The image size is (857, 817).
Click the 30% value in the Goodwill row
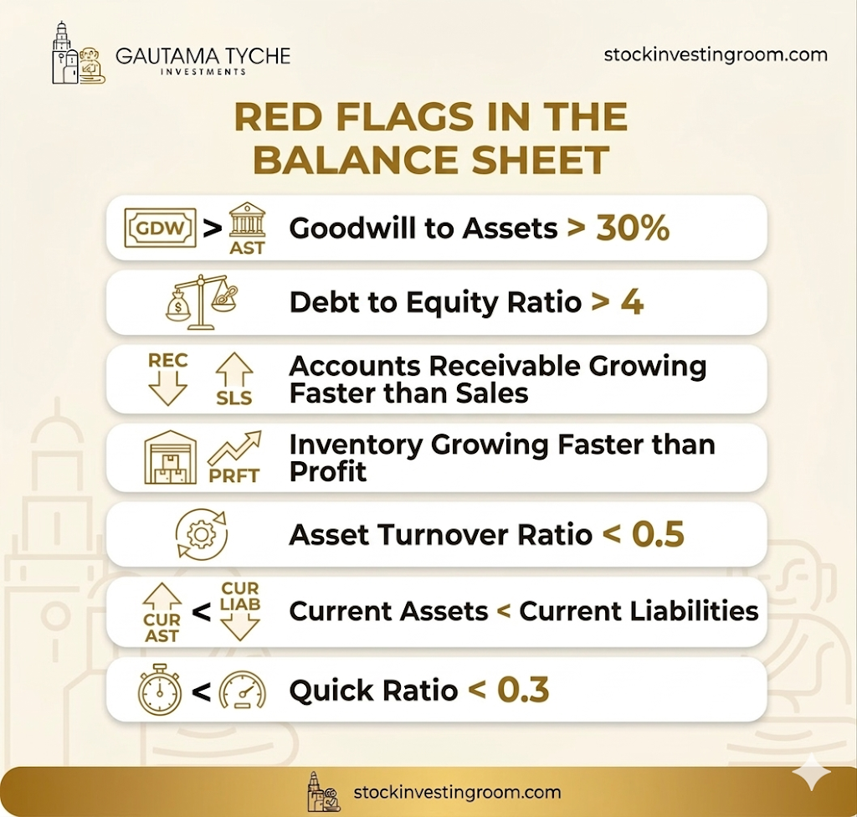click(633, 228)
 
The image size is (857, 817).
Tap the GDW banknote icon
click(160, 228)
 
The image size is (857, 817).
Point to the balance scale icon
click(202, 302)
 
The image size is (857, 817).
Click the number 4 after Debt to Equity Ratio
click(632, 302)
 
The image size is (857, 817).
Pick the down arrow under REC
click(167, 388)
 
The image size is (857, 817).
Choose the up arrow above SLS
click(234, 371)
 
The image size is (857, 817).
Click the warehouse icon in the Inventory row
click(171, 457)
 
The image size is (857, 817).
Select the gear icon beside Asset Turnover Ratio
click(202, 534)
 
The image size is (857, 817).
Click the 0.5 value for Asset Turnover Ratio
click(658, 534)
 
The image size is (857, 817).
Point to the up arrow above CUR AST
click(162, 596)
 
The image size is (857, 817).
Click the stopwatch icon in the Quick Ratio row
click(160, 689)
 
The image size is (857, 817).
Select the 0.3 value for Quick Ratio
click(523, 690)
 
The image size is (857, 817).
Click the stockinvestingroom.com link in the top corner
click(716, 54)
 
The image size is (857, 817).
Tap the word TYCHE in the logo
click(258, 56)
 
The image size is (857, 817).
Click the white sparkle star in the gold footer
click(812, 772)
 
